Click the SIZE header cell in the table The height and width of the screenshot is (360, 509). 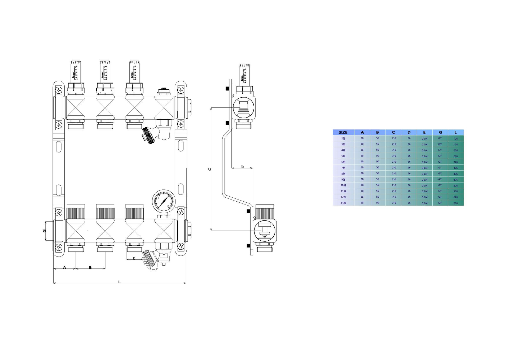(x=343, y=132)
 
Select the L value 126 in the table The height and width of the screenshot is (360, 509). (x=455, y=138)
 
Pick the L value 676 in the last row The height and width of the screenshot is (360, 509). (x=455, y=203)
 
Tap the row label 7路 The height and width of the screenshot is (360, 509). (x=343, y=168)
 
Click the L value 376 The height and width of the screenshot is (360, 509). (x=455, y=168)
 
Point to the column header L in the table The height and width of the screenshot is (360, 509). (x=455, y=132)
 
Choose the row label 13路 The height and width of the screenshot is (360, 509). (x=343, y=203)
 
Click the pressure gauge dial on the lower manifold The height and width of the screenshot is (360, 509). (x=164, y=201)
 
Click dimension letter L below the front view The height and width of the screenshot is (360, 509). (x=119, y=282)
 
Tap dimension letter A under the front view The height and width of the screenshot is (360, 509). (x=64, y=267)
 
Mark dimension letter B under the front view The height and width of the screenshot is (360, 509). (x=90, y=267)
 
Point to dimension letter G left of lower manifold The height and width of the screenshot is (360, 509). (x=44, y=231)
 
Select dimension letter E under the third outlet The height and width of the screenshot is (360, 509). (x=134, y=258)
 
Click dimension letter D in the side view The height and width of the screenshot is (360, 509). (x=242, y=167)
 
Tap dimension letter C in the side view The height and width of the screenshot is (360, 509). (x=210, y=169)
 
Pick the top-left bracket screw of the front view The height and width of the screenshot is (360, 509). (x=59, y=90)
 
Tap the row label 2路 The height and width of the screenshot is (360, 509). (x=343, y=138)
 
